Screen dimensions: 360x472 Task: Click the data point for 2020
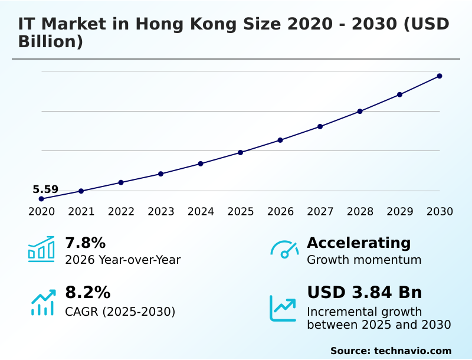click(41, 199)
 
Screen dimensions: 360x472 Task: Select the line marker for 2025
click(241, 152)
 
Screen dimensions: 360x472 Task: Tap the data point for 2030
click(440, 76)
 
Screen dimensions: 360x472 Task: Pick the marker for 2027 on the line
click(320, 126)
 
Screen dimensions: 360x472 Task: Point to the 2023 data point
click(161, 174)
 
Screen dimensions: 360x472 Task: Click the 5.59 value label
click(45, 189)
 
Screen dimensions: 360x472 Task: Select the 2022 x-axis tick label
click(121, 212)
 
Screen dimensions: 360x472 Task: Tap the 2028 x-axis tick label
click(360, 212)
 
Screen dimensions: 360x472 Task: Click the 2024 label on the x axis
click(201, 212)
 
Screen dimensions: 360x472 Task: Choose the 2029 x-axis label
click(400, 212)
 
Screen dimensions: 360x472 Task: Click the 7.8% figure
click(85, 243)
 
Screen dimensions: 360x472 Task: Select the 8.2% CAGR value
click(87, 293)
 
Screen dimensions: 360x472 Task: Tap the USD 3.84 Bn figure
click(365, 293)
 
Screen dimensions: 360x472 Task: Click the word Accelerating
click(359, 243)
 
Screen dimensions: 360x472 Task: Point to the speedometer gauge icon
click(284, 249)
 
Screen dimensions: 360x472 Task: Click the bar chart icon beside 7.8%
click(41, 249)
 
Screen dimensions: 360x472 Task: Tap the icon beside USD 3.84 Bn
click(283, 307)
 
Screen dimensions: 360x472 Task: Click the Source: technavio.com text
click(391, 351)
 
